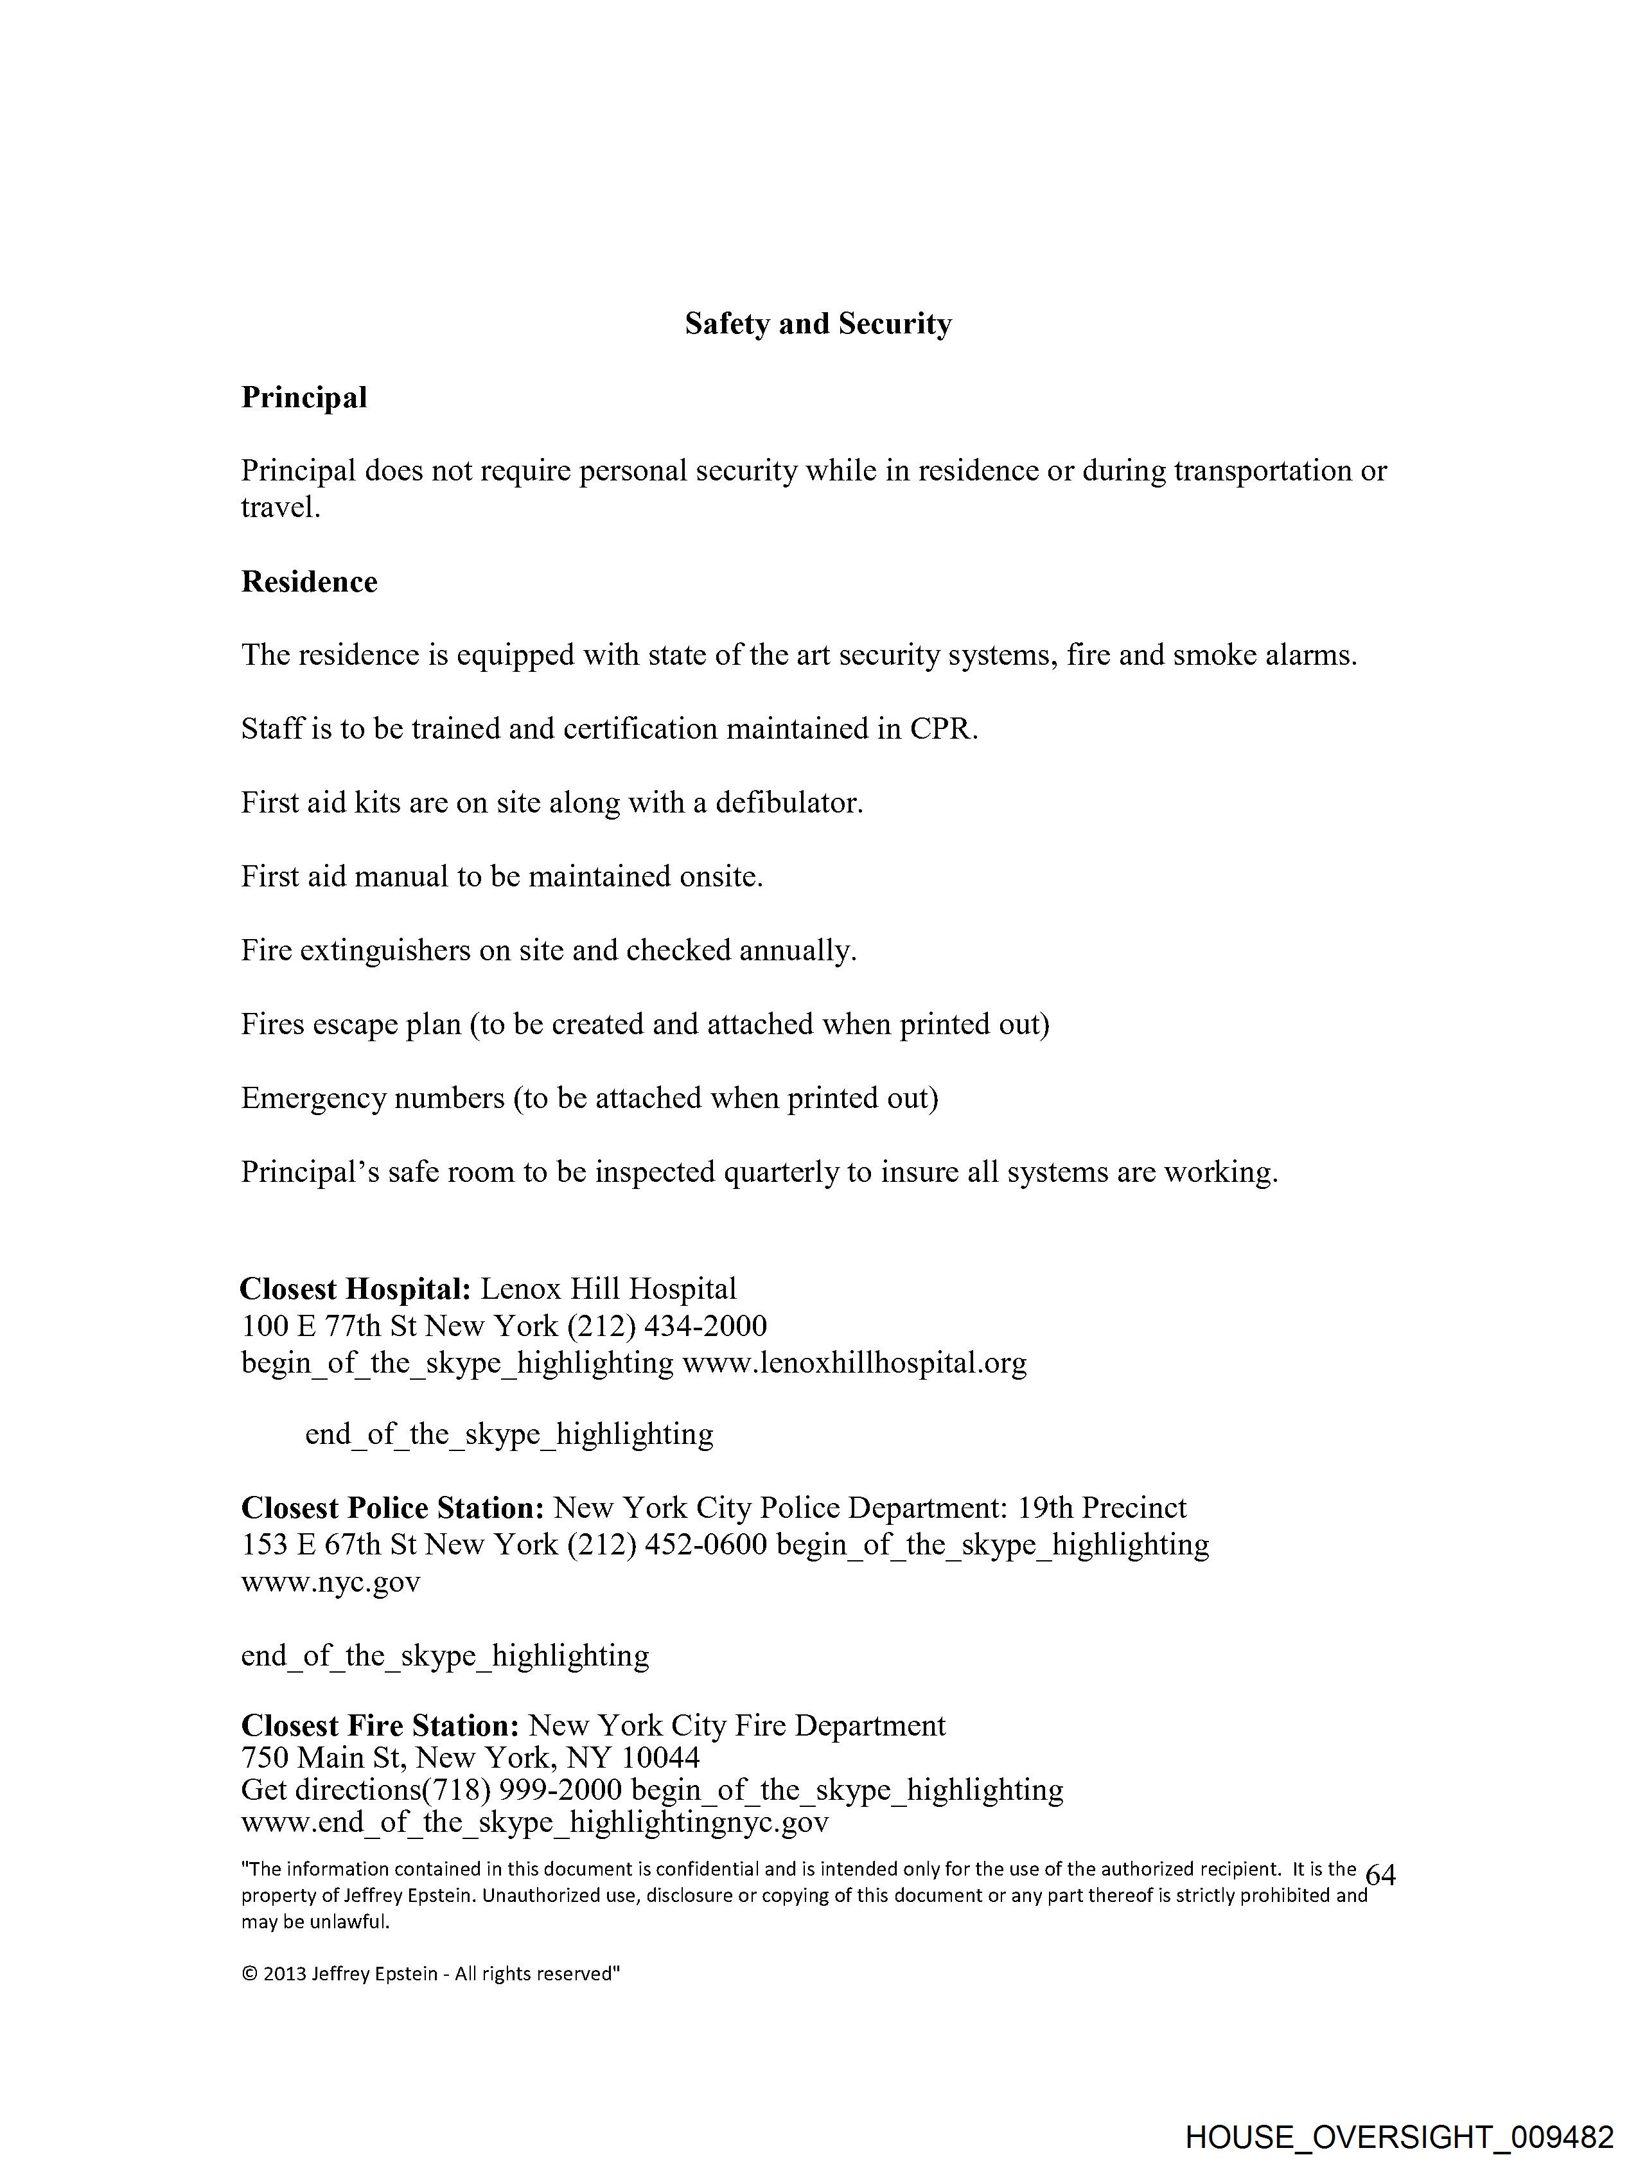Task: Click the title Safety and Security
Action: point(817,324)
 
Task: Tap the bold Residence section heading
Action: point(309,582)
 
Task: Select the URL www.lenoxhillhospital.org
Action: point(854,1363)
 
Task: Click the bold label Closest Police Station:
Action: point(392,1509)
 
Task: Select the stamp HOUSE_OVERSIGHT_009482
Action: point(1399,2136)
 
